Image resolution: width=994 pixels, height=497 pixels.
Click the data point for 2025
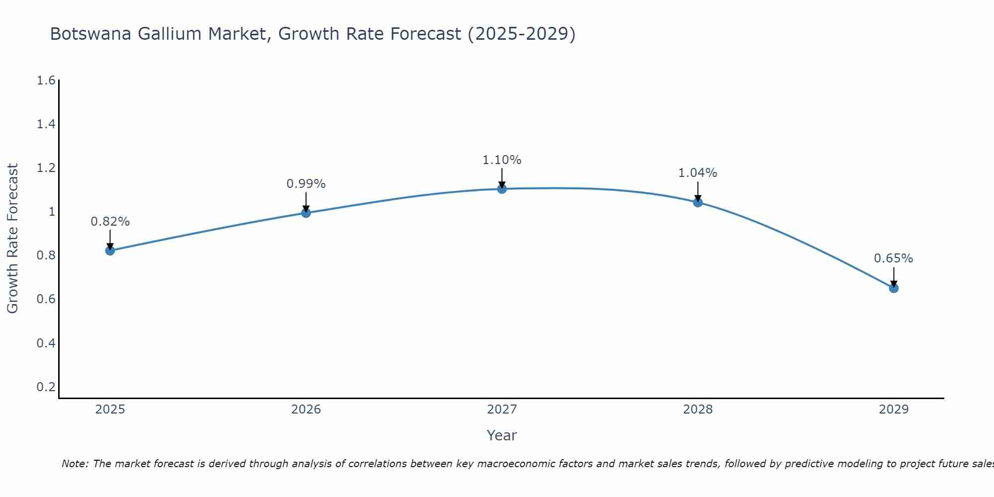tap(110, 250)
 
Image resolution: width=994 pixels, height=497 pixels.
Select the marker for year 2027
tap(502, 189)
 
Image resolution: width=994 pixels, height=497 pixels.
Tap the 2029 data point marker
tap(894, 288)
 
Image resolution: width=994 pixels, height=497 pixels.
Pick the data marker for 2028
tap(698, 202)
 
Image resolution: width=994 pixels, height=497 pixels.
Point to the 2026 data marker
tap(306, 213)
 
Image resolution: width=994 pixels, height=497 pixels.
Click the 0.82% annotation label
tap(110, 222)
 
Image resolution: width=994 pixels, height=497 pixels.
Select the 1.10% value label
tap(502, 160)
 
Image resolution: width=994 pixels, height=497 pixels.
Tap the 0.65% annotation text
tap(894, 258)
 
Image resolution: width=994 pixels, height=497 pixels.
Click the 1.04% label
tap(698, 173)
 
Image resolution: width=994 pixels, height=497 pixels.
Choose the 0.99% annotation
tap(306, 184)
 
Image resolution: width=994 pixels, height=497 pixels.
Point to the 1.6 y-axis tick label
tap(46, 81)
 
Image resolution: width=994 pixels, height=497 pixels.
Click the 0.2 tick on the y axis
tap(46, 387)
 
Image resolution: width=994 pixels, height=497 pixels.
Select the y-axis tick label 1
tap(51, 212)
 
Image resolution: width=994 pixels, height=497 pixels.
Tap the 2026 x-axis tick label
tap(306, 410)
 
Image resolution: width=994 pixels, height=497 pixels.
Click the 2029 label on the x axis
tap(894, 410)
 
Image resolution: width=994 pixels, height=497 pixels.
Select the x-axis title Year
tap(502, 435)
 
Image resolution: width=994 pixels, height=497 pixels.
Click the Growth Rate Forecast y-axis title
tap(13, 239)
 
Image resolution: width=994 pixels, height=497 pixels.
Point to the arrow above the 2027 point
tap(502, 178)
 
